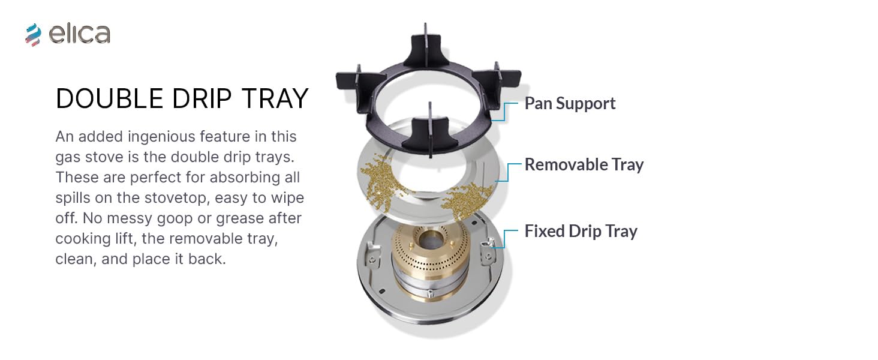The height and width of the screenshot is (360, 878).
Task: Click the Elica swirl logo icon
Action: (x=34, y=35)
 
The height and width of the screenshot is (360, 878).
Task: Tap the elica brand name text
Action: (x=79, y=34)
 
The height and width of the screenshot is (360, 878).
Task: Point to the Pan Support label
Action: (x=570, y=104)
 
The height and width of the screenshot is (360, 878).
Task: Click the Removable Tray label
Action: (x=584, y=165)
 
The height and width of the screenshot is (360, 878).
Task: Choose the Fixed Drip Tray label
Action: (x=581, y=232)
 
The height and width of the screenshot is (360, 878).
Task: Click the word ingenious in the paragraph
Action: (x=161, y=137)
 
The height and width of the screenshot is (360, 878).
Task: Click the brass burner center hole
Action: (x=431, y=238)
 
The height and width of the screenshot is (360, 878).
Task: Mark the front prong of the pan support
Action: (x=431, y=135)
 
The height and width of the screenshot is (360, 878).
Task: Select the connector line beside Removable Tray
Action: (x=509, y=173)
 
